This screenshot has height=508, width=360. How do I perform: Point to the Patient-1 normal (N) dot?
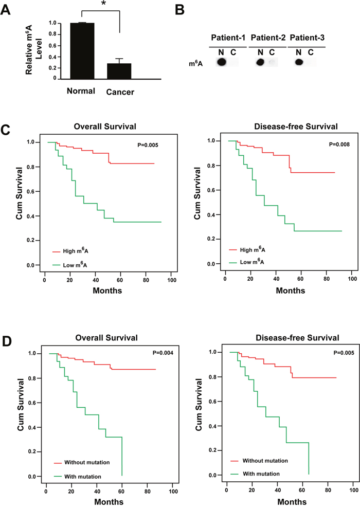click(x=222, y=63)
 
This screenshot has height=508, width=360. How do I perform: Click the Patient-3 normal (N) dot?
click(x=298, y=63)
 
